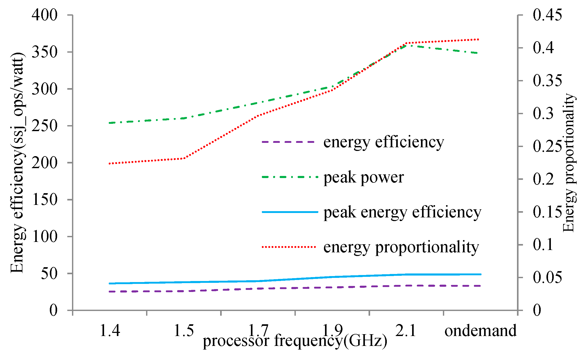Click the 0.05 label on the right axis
(547, 277)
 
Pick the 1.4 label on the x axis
(110, 331)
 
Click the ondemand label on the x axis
(480, 331)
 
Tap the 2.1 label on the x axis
(406, 331)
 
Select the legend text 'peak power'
(364, 177)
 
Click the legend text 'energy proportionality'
(401, 247)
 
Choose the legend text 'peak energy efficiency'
(402, 212)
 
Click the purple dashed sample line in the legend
(289, 142)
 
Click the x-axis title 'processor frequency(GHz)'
(295, 341)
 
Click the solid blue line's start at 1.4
(110, 283)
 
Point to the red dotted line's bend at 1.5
(184, 158)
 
